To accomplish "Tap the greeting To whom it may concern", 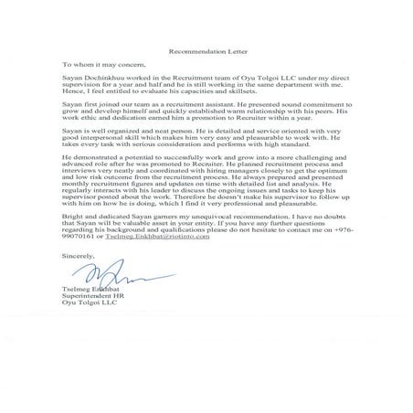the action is (x=103, y=67).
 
